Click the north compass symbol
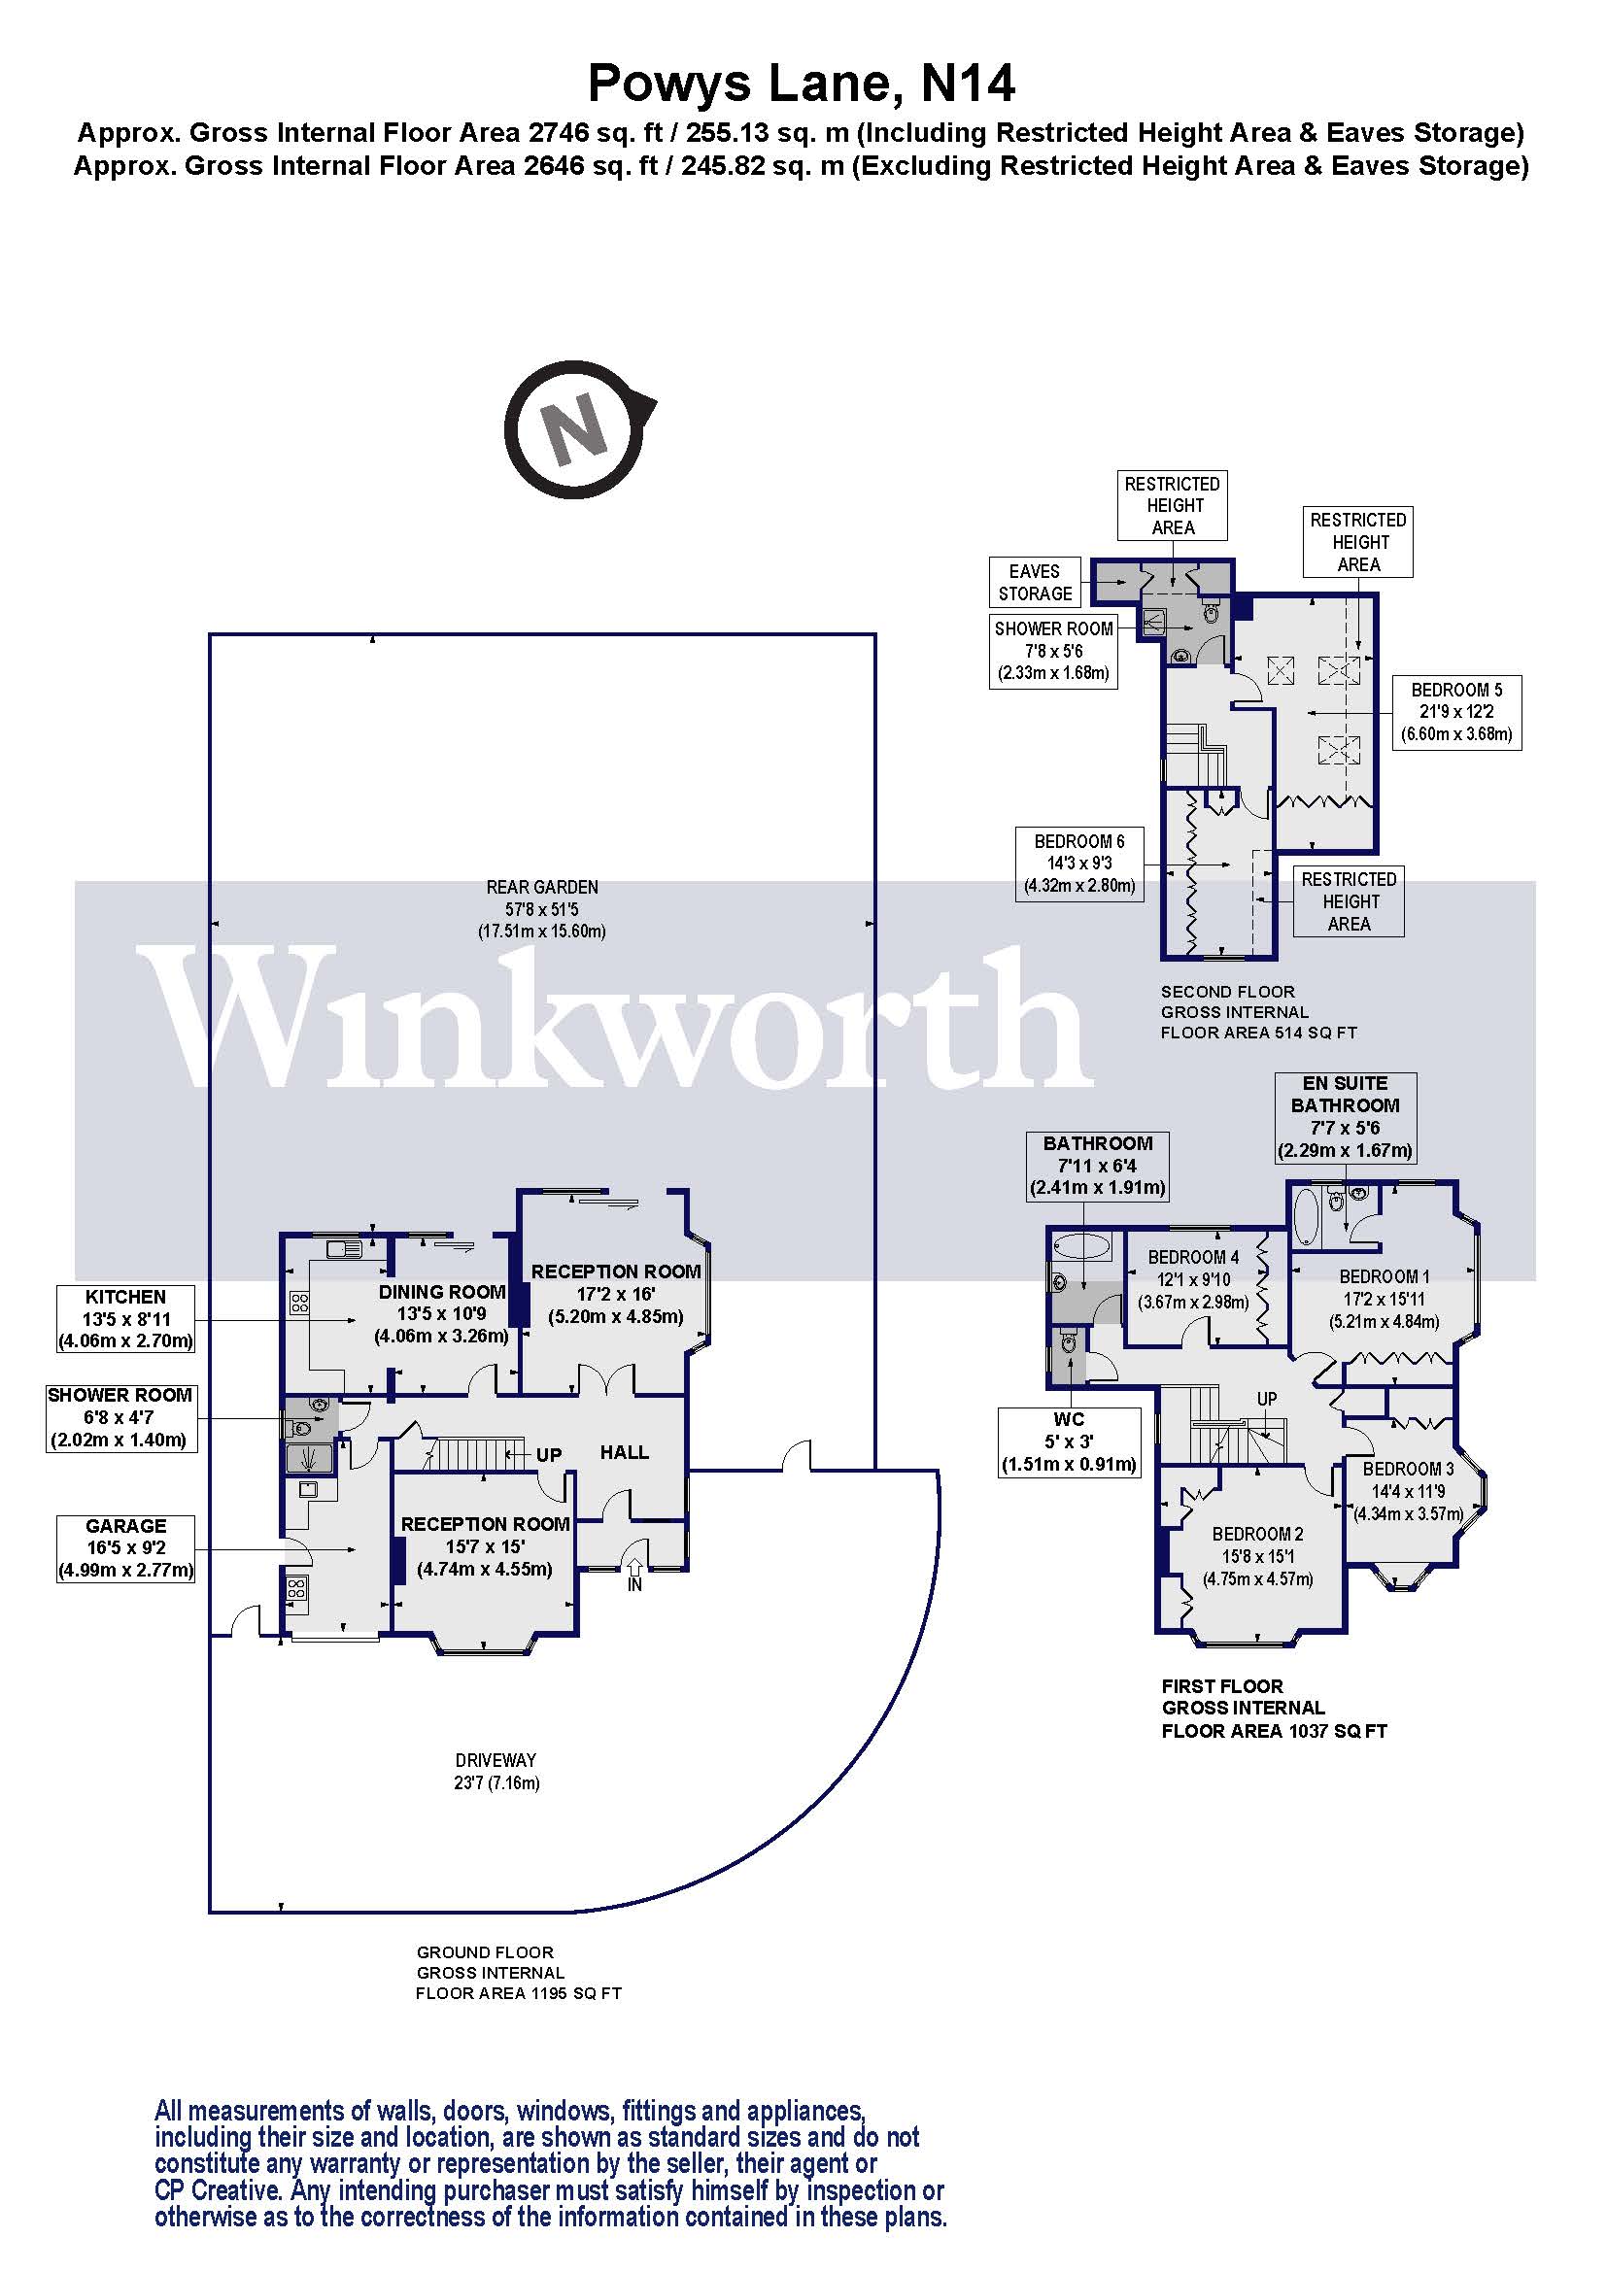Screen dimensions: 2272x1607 coord(575,429)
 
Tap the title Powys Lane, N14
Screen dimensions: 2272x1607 coord(802,84)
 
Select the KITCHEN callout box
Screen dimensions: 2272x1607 coord(125,1318)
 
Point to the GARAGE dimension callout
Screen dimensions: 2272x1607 coord(125,1548)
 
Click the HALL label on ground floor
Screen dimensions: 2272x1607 coord(625,1452)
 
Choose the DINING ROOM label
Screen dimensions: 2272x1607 coord(441,1291)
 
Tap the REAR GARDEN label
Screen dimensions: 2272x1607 coord(542,888)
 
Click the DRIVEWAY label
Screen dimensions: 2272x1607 coord(496,1760)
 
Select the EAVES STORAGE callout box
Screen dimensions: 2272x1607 coord(1035,583)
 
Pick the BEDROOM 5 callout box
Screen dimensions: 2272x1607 coord(1456,712)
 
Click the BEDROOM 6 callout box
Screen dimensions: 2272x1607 coord(1079,864)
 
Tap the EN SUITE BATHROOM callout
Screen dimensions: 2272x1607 coord(1345,1117)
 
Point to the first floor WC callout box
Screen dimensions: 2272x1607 coord(1069,1441)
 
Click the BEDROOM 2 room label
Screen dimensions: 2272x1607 coord(1257,1535)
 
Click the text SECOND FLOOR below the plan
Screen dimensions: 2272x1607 coord(1227,992)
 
